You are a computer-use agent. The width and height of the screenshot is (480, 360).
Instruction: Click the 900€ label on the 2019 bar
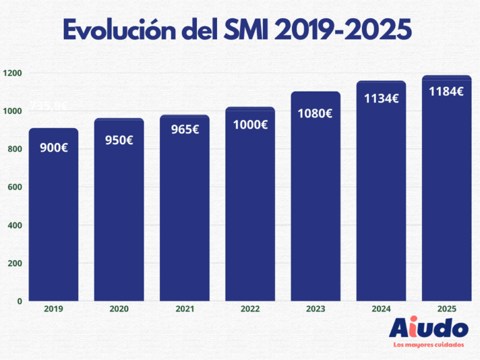point(53,149)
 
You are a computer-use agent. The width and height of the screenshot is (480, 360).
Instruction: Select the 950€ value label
point(119,140)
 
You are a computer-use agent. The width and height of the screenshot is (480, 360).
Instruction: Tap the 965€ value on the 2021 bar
point(184,130)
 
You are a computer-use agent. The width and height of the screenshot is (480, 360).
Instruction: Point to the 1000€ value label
point(250,124)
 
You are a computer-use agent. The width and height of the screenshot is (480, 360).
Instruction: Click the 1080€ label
point(316,114)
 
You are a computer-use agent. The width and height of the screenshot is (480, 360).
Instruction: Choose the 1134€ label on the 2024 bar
point(381,98)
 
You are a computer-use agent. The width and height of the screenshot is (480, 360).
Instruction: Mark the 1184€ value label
point(446,91)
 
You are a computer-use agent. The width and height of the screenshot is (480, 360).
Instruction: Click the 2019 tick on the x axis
point(54,309)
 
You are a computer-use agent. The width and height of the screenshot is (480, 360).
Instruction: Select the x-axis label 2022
point(250,309)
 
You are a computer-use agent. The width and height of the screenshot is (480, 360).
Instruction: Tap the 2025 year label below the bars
point(446,309)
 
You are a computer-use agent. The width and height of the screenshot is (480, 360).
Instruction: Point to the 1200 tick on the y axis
point(12,73)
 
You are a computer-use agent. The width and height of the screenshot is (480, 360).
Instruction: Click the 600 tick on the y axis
point(16,187)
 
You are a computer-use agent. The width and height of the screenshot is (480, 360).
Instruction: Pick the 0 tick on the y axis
point(19,301)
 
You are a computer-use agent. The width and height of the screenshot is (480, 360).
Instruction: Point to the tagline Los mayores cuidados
point(428,345)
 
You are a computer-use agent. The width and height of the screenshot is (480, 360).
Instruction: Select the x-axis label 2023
point(316,309)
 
